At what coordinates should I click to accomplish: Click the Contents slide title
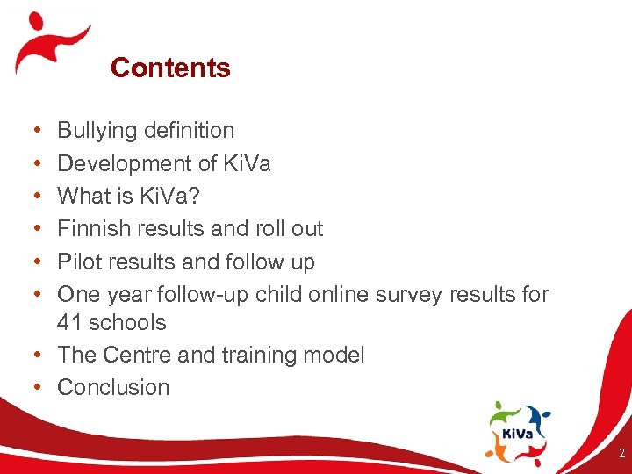click(170, 68)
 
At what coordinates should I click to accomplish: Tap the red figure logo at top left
click(51, 42)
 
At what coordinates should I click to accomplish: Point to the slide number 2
click(621, 454)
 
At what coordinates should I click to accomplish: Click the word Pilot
click(78, 262)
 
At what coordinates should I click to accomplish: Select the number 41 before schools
click(69, 322)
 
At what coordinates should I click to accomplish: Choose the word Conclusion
click(113, 387)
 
